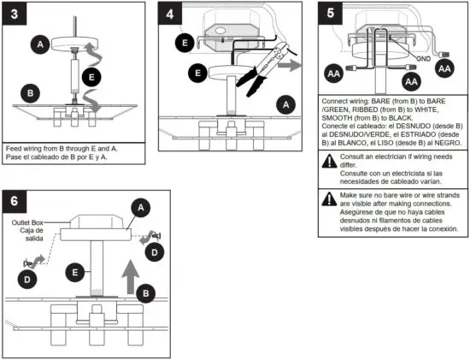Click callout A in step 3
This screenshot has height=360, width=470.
(38, 43)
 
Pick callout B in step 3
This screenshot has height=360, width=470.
(30, 92)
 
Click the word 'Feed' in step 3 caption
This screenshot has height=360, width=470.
(15, 147)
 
